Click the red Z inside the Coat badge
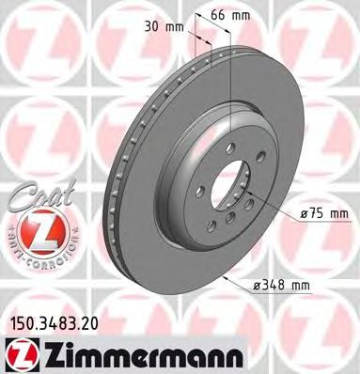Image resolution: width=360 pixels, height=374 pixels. tap(31, 228)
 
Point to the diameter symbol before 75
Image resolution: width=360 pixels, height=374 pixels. tap(305, 213)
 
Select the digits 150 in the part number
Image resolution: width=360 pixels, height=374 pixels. tap(20, 322)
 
